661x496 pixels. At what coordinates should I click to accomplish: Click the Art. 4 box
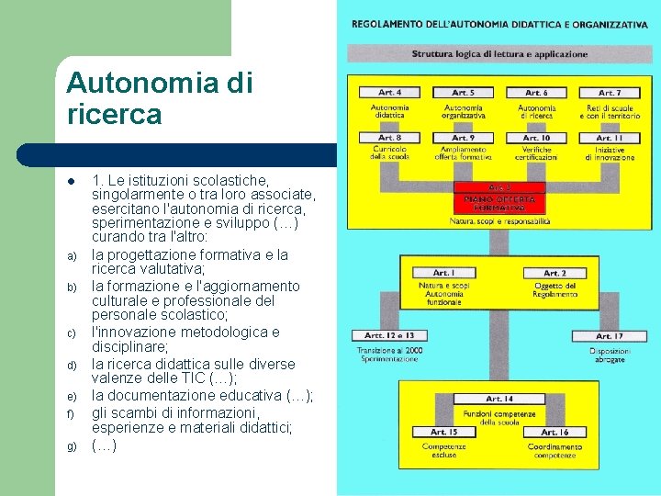pos(389,93)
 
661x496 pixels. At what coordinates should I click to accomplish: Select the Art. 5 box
pos(463,93)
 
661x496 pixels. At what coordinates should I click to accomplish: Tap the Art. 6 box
pos(536,93)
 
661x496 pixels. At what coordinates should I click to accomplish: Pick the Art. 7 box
pos(609,93)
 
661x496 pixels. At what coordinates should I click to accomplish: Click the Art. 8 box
pos(389,138)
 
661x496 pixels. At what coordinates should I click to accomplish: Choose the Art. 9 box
pos(463,138)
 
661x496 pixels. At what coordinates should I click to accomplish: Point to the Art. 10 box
pos(536,138)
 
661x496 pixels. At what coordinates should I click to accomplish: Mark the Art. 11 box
pos(609,138)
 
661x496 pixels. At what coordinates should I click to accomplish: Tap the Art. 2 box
pos(555,273)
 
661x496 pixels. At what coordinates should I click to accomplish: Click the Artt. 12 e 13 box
pos(390,335)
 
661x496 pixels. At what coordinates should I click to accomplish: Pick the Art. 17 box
pos(609,336)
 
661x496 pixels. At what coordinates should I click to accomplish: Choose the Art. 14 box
pos(499,399)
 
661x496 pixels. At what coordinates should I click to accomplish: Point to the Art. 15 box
pos(444,432)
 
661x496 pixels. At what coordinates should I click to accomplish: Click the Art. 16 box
pos(555,432)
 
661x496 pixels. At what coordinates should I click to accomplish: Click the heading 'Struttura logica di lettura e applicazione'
pos(499,54)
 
